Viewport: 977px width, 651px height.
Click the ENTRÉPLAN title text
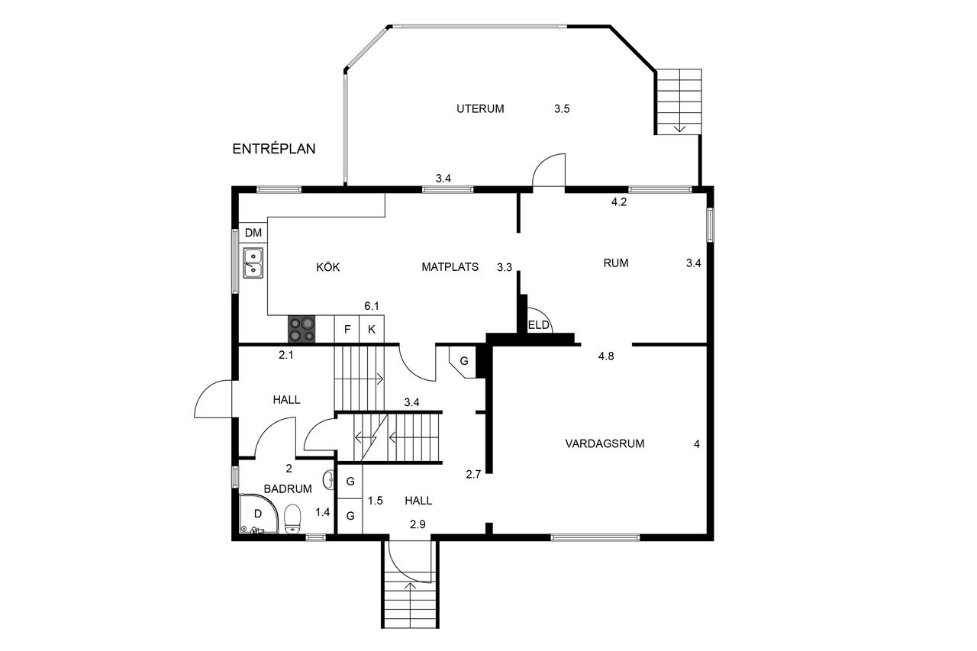tap(273, 149)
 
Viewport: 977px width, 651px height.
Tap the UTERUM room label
tap(480, 108)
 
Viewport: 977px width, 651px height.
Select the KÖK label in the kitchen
tap(328, 267)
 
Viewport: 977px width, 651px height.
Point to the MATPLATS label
tap(450, 267)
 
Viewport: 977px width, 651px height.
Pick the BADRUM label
tap(288, 488)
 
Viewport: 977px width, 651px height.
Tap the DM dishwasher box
tap(253, 233)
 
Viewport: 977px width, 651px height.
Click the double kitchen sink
tap(253, 263)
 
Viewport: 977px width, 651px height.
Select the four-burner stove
tap(301, 329)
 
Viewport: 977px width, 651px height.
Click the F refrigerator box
tap(347, 329)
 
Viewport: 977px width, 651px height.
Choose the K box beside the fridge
tap(372, 329)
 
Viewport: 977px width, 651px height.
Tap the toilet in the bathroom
tap(292, 519)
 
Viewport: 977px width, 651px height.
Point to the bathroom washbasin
tap(328, 479)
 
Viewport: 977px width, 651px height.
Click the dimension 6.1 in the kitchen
tap(372, 306)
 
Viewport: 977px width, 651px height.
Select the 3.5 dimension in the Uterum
tap(562, 108)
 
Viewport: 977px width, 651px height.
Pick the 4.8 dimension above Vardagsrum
tap(606, 356)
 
